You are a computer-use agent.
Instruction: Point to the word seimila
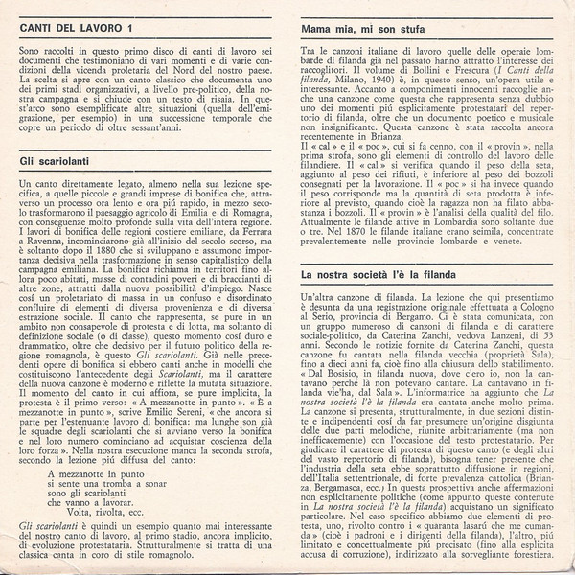point(521,232)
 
